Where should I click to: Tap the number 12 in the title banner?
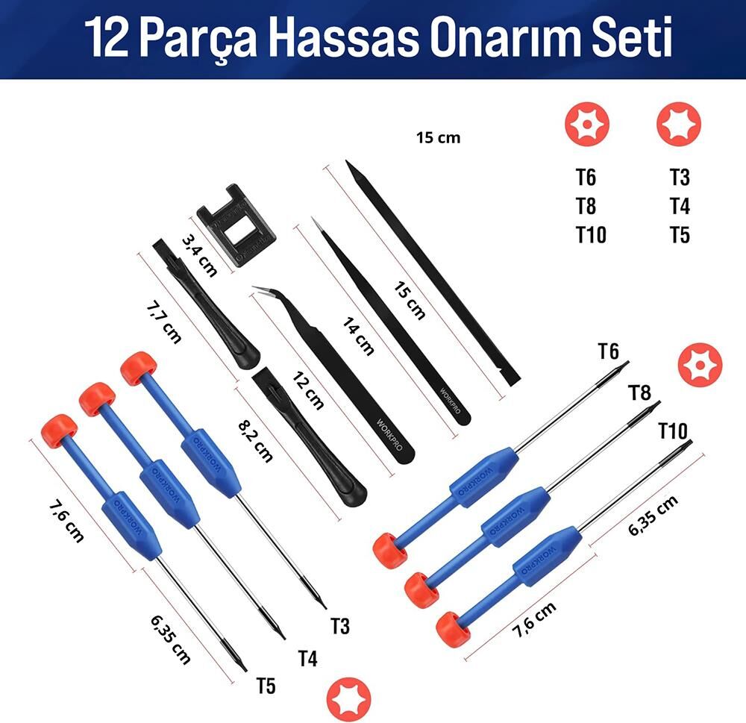107,37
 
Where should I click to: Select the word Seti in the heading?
633,37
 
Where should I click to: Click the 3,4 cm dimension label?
200,254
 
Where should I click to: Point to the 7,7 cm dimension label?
163,323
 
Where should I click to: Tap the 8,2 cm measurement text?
255,441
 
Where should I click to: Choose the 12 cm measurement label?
308,389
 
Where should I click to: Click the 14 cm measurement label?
358,337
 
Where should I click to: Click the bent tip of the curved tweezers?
257,289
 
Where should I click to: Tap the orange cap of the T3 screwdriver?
139,368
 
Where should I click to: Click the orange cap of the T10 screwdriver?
453,629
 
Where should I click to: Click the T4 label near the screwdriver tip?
308,659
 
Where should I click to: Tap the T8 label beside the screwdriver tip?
640,392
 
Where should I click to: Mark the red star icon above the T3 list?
679,124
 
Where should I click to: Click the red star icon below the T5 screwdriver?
348,699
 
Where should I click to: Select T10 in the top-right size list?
591,235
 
